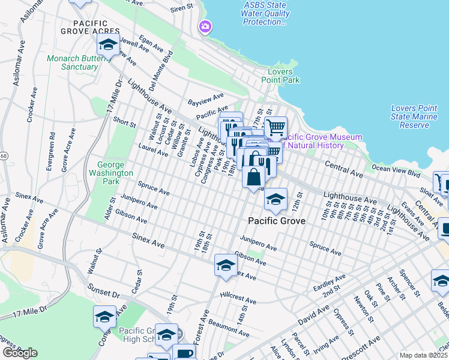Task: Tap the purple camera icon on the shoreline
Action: pyautogui.click(x=205, y=26)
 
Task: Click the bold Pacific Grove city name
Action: pyautogui.click(x=277, y=221)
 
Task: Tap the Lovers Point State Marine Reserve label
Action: pyautogui.click(x=418, y=116)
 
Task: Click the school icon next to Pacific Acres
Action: pyautogui.click(x=108, y=45)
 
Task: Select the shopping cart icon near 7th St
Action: pyautogui.click(x=276, y=127)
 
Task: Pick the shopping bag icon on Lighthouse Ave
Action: pyautogui.click(x=254, y=176)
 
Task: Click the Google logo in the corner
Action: pyautogui.click(x=20, y=353)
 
